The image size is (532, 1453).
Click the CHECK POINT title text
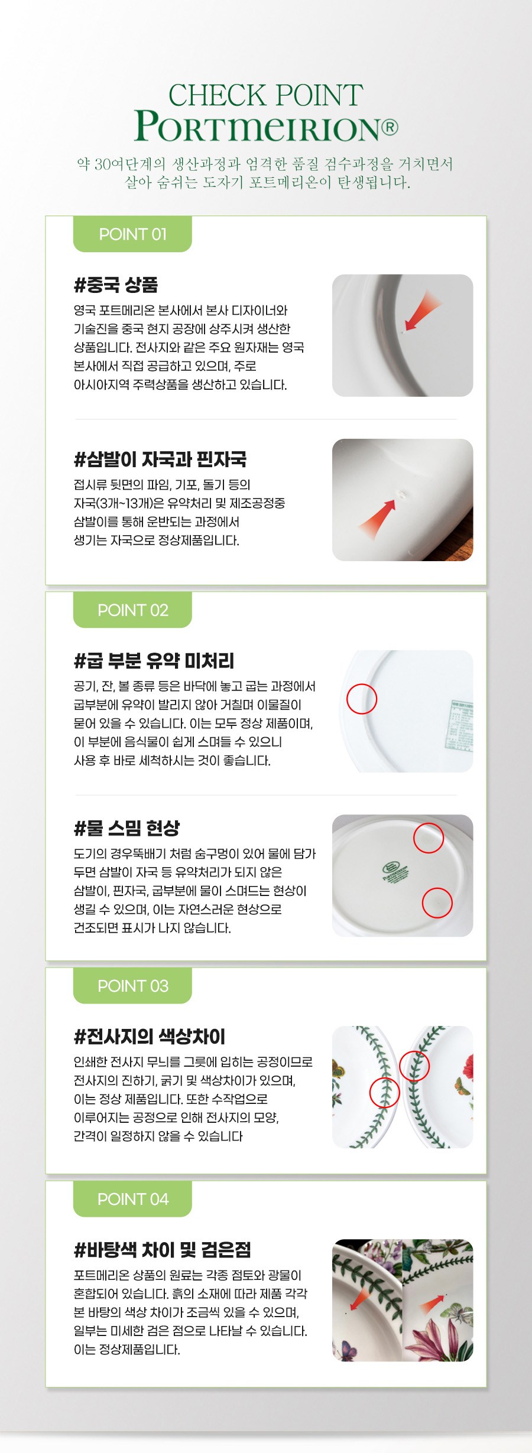[x=265, y=96]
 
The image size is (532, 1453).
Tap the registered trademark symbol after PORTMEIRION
[x=390, y=127]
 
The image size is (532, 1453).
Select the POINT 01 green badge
[x=132, y=234]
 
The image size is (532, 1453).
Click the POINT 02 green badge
[x=132, y=610]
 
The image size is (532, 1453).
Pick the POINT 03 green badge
[x=132, y=985]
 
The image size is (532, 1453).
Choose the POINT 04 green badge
[x=132, y=1198]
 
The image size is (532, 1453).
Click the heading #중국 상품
[x=116, y=285]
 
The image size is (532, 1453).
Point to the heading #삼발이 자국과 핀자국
[x=160, y=459]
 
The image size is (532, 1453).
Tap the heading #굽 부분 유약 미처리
[x=154, y=660]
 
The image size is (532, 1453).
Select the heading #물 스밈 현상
[x=126, y=828]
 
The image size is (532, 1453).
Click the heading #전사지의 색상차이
[x=149, y=1036]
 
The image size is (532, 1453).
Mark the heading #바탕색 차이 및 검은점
[x=162, y=1249]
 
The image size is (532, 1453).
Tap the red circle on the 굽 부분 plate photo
[x=362, y=684]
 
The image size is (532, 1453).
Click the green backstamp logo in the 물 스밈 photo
[x=395, y=872]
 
